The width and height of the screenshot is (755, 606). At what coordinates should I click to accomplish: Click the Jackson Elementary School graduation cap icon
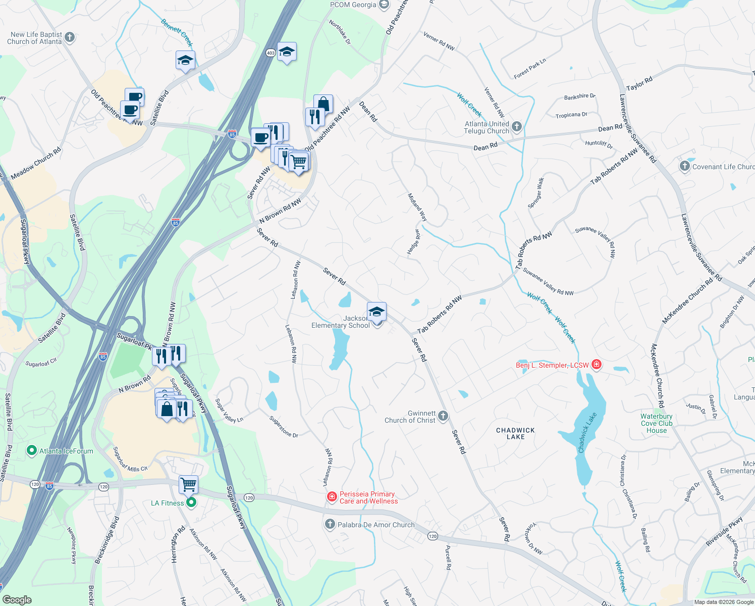point(376,313)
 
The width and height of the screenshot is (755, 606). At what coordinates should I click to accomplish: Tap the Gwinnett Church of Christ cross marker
point(443,416)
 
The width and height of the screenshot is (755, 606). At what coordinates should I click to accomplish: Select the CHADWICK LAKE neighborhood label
point(515,433)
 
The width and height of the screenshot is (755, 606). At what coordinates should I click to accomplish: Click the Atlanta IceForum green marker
point(31,450)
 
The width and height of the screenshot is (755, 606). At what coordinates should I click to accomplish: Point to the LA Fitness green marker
point(191,502)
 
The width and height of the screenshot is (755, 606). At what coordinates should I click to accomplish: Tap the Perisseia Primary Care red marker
point(332,497)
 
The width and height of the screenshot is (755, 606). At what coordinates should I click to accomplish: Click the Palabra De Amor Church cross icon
point(330,524)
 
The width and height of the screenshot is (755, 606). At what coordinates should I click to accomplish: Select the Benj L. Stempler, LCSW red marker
point(596,365)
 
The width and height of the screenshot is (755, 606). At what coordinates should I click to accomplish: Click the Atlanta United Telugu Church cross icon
point(516,126)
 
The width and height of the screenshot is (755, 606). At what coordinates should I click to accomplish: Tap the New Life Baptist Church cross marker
point(70,37)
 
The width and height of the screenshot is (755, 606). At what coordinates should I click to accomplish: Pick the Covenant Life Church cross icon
point(684,166)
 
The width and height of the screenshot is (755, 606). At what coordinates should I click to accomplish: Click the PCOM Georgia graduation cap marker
point(384,5)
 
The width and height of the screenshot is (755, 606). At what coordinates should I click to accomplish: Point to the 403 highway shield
point(271,53)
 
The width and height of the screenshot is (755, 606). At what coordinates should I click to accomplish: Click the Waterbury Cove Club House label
point(656,423)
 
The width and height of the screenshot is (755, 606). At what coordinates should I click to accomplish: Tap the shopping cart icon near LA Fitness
point(188,485)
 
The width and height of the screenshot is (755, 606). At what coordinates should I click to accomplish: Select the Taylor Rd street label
point(639,83)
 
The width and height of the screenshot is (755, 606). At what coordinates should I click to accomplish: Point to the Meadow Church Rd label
point(36,163)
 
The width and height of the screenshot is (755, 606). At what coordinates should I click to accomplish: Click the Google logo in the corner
point(17,599)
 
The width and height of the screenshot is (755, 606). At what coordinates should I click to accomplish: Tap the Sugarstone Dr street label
point(284,427)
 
